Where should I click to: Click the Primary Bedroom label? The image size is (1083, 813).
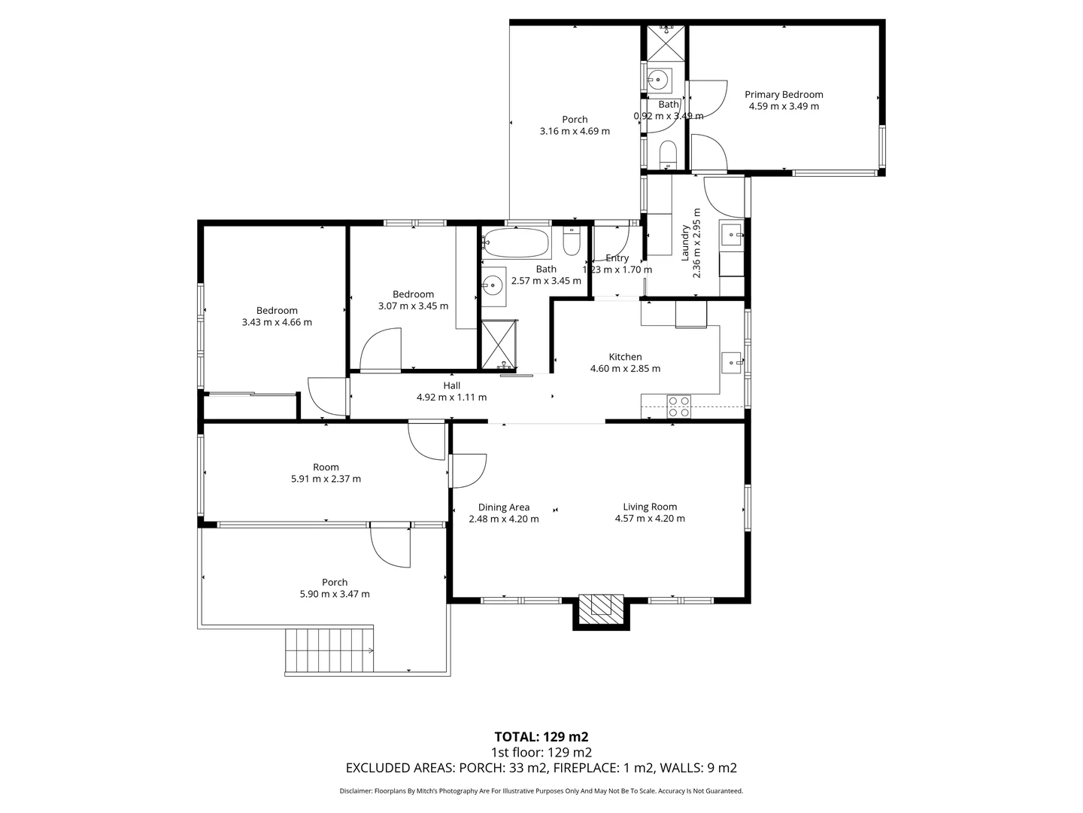pyautogui.click(x=784, y=94)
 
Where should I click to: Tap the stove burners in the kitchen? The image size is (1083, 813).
pyautogui.click(x=679, y=406)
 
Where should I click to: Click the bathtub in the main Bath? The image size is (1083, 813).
pyautogui.click(x=516, y=243)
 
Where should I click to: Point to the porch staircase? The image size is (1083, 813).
pyautogui.click(x=329, y=650)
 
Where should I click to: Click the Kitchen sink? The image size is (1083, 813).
pyautogui.click(x=733, y=363)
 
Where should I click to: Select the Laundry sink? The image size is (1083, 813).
pyautogui.click(x=732, y=236)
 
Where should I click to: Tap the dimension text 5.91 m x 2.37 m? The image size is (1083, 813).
pyautogui.click(x=326, y=479)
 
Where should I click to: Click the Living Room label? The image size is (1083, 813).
pyautogui.click(x=650, y=507)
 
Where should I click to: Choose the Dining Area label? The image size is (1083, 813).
pyautogui.click(x=504, y=507)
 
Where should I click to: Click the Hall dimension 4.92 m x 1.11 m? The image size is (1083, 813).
pyautogui.click(x=451, y=397)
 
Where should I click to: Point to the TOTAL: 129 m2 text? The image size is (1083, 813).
pyautogui.click(x=541, y=736)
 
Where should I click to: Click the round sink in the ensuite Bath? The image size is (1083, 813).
pyautogui.click(x=660, y=78)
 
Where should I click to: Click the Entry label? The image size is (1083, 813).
pyautogui.click(x=617, y=258)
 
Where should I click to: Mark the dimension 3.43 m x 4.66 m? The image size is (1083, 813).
pyautogui.click(x=277, y=322)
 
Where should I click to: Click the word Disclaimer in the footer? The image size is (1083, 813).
pyautogui.click(x=355, y=791)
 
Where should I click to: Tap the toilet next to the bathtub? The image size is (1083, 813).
pyautogui.click(x=572, y=242)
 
